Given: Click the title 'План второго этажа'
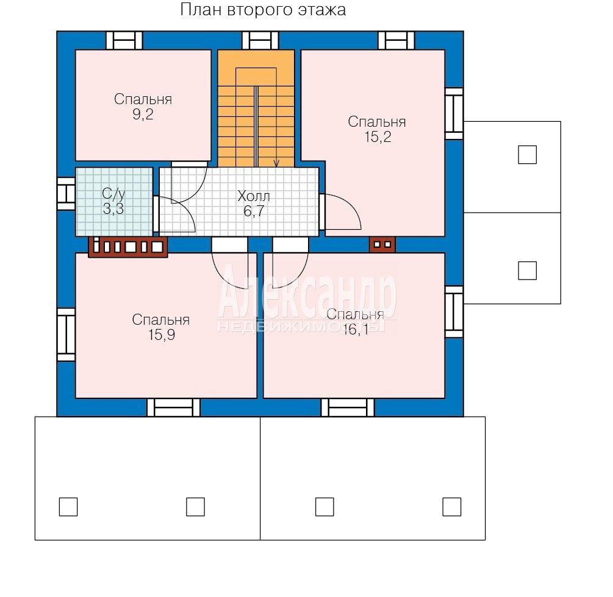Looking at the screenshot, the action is point(263,10).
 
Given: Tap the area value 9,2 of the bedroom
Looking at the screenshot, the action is point(143,115).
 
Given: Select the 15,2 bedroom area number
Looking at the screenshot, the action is point(378,137).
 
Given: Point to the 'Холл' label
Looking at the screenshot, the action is point(254,196).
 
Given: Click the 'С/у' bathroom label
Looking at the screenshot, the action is point(113,194).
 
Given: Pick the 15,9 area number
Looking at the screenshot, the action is point(162,335).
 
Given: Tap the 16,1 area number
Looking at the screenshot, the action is point(356,330).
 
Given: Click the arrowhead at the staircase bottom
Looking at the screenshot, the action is point(276,164).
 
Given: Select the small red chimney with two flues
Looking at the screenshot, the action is point(382,245).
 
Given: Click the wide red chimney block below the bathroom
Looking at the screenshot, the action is point(128,247).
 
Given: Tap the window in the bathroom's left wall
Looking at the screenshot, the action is point(66,194).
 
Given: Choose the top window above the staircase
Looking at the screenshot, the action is point(260,40).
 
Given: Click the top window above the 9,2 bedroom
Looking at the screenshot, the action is point(124,40).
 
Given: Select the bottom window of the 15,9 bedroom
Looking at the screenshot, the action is point(174,408).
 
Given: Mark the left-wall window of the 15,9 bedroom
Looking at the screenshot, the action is point(66,335).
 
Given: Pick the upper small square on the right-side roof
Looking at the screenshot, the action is point(528,155).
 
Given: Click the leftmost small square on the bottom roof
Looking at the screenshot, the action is point(68,507).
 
